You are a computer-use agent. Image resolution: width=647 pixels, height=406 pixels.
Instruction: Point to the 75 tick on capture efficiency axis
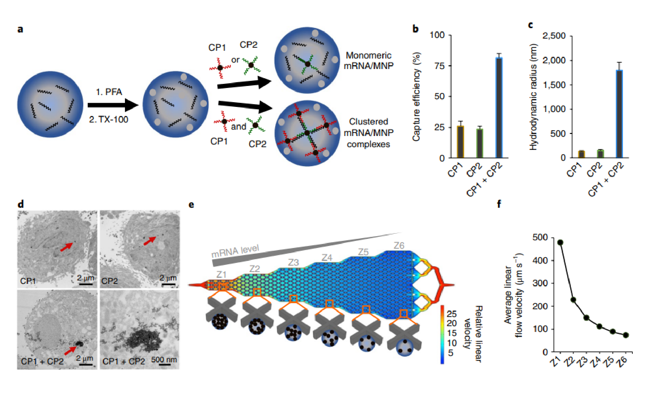pos(439,66)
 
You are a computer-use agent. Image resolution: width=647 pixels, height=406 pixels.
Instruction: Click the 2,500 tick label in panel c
pos(554,36)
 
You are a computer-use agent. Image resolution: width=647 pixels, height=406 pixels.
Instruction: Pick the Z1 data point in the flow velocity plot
pos(560,242)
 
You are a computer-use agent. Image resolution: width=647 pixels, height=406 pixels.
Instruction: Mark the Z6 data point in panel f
pos(626,335)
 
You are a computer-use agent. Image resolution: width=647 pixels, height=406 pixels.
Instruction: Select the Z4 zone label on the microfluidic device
pos(327,258)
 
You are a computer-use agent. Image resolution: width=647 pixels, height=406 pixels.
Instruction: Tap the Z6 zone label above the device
pos(399,246)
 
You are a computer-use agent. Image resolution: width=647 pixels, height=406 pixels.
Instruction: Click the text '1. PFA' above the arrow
pos(109,92)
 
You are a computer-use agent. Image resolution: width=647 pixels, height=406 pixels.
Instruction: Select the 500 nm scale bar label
pos(164,360)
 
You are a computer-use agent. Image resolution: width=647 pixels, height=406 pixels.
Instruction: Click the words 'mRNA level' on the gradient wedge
pos(235,251)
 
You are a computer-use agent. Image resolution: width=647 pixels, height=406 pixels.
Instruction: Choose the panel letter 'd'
pos(21,204)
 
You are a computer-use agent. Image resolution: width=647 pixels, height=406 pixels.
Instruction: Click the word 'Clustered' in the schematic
pos(368,121)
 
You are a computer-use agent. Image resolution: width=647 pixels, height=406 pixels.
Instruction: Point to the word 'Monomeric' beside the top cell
pos(368,55)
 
